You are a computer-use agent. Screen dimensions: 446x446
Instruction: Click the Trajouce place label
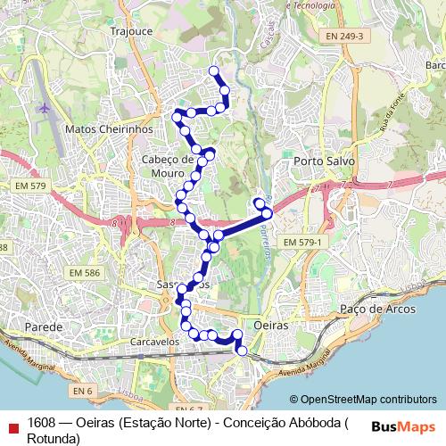133,29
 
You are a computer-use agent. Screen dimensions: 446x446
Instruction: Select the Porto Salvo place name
324,161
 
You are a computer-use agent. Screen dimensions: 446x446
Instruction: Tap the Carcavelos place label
130,341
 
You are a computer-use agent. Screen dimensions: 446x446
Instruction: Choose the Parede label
44,327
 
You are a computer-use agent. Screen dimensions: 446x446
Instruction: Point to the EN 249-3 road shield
344,36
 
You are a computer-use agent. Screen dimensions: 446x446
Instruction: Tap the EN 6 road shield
82,391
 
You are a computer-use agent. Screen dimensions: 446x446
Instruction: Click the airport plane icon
45,108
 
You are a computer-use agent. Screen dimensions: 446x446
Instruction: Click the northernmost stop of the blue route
213,70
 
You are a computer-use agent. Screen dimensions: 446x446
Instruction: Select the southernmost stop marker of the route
241,351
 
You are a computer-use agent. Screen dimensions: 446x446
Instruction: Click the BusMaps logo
404,426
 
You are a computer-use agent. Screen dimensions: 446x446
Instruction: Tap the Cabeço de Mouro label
168,165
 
